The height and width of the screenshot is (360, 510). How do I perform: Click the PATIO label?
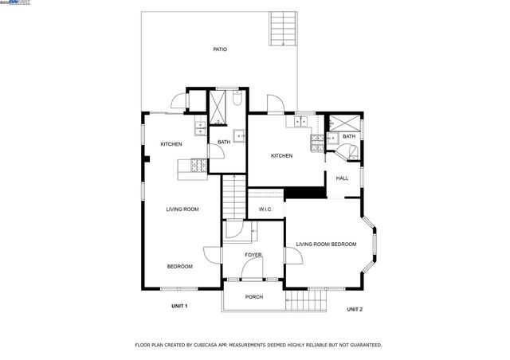pyautogui.click(x=220, y=49)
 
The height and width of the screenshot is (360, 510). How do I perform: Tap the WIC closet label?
pyautogui.click(x=265, y=209)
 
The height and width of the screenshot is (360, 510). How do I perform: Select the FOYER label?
pyautogui.click(x=253, y=255)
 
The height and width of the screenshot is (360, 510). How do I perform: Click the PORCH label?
pyautogui.click(x=254, y=297)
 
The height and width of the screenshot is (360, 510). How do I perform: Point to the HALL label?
pyautogui.click(x=342, y=178)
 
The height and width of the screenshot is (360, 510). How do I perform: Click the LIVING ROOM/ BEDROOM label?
pyautogui.click(x=326, y=245)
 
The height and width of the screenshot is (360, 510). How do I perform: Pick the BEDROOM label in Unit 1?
pyautogui.click(x=179, y=266)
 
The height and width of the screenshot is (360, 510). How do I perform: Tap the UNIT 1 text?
pyautogui.click(x=179, y=306)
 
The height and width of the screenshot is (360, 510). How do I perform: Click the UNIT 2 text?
pyautogui.click(x=355, y=309)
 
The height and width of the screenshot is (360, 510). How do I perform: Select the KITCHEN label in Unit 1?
pyautogui.click(x=171, y=144)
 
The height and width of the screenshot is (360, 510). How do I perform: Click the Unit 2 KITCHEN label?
pyautogui.click(x=281, y=155)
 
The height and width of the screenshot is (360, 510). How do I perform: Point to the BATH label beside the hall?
pyautogui.click(x=349, y=136)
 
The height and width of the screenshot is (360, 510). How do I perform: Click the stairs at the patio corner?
pyautogui.click(x=282, y=28)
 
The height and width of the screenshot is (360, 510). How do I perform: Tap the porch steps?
pyautogui.click(x=307, y=300)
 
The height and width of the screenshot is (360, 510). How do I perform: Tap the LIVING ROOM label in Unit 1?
pyautogui.click(x=182, y=209)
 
